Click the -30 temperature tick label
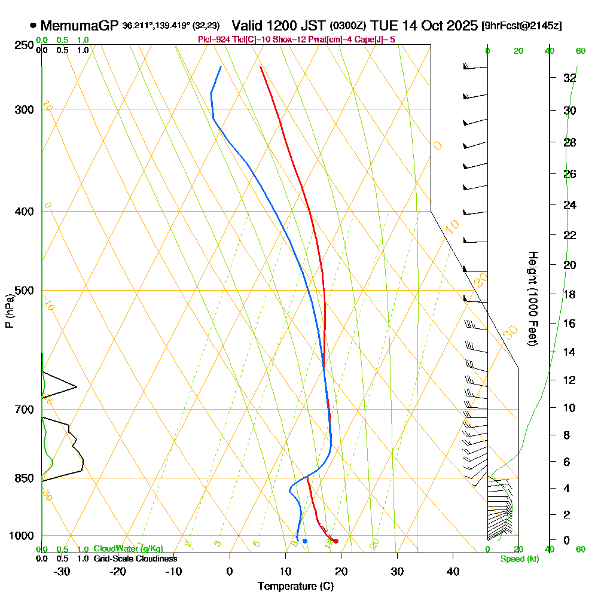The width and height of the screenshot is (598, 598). pos(62,571)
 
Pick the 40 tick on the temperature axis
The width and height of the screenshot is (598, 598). pos(453,571)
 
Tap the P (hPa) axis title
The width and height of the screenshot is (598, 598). pos(9,311)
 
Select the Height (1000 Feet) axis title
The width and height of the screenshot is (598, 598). pos(532,298)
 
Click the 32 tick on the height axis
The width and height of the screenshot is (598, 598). pos(569,78)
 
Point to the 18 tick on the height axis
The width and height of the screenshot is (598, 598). pos(569,294)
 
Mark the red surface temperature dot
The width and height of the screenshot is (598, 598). pos(335,541)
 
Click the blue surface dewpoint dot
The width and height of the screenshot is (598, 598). pos(305,541)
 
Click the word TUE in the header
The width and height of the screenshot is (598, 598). pos(383,26)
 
